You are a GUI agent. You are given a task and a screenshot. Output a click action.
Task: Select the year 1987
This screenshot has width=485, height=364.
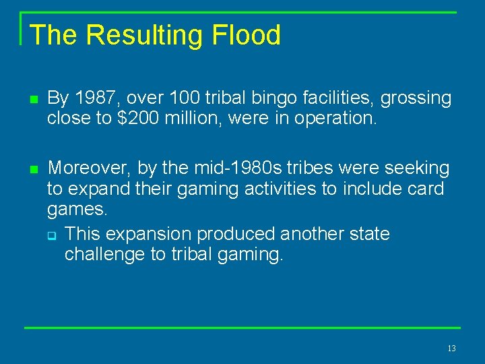[x=94, y=98]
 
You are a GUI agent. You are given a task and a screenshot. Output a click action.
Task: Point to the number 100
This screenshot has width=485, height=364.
[x=178, y=98]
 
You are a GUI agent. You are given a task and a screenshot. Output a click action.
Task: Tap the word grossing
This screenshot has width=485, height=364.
[x=416, y=99]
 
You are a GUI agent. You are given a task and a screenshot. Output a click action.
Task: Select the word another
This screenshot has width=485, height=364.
[x=313, y=234]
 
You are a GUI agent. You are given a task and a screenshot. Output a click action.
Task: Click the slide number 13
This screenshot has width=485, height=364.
[x=451, y=348]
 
